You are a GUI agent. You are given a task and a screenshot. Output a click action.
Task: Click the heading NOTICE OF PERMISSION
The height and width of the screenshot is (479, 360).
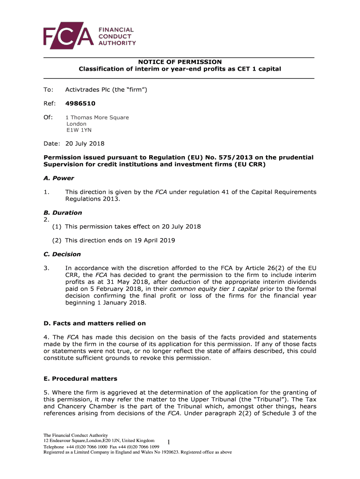(x=180, y=62)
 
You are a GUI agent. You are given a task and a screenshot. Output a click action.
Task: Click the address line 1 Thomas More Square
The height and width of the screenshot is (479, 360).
(x=97, y=117)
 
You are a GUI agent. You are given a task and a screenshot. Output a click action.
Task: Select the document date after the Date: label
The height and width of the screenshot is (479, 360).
(x=85, y=144)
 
